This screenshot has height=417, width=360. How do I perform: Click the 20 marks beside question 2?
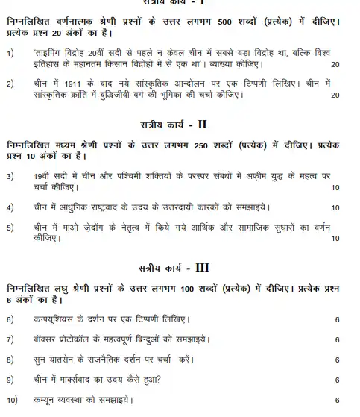click(x=335, y=95)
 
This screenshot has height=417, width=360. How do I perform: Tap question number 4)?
click(x=10, y=206)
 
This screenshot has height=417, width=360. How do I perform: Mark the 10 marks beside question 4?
click(x=335, y=207)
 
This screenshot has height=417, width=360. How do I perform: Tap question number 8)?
click(x=10, y=360)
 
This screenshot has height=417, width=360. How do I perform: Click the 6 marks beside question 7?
click(x=337, y=340)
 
